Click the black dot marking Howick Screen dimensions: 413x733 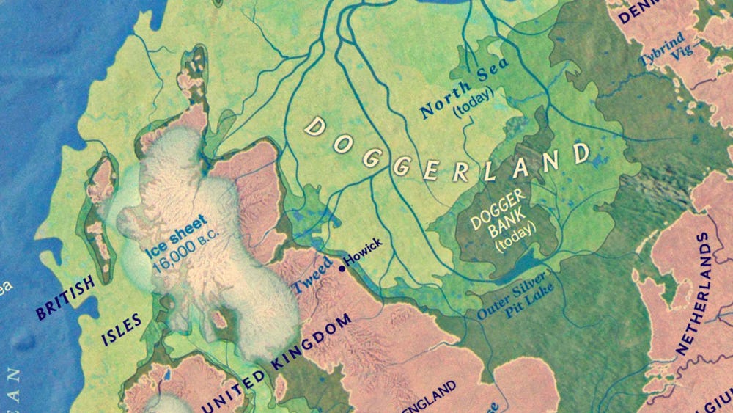tap(342, 268)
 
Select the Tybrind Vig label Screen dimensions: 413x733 tap(661, 50)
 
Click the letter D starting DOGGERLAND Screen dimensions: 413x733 tap(315, 126)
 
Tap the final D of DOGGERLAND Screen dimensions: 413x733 tap(581, 153)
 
